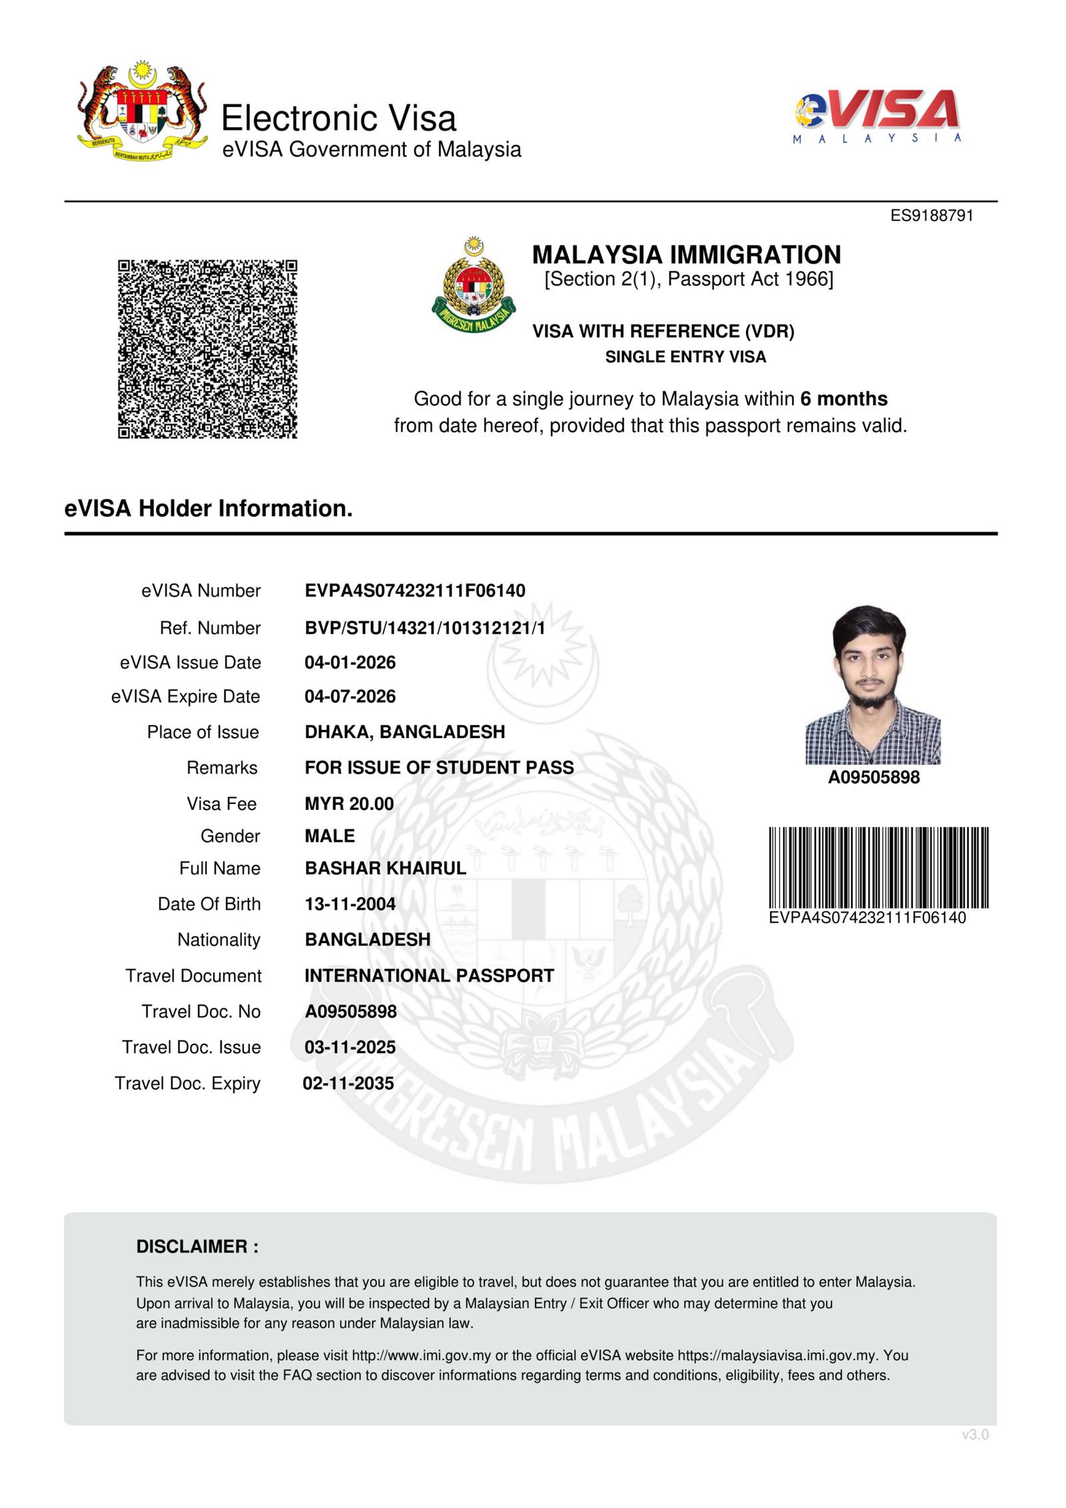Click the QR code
(x=207, y=349)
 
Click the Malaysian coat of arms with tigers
(x=142, y=111)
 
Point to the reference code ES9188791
(x=931, y=216)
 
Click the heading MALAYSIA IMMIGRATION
(x=686, y=254)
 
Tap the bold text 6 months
(x=843, y=398)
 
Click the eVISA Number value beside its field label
(x=414, y=591)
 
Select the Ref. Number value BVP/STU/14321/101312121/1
(x=424, y=628)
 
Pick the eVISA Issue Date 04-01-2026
(x=350, y=663)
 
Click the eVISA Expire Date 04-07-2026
(x=350, y=697)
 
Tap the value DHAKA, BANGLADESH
(x=404, y=732)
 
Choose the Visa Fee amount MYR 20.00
(x=349, y=804)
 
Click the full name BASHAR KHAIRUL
(x=385, y=869)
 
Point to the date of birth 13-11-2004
(x=350, y=905)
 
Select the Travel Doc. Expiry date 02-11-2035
(x=348, y=1084)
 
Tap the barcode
(x=878, y=867)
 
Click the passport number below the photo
(x=873, y=777)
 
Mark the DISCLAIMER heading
(x=197, y=1247)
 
